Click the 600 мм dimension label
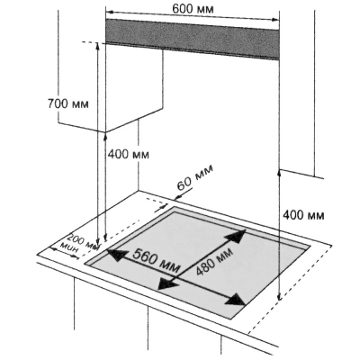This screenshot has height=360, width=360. pyautogui.click(x=193, y=9)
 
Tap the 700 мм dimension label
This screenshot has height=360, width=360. pyautogui.click(x=68, y=103)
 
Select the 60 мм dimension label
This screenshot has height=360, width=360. pyautogui.click(x=195, y=177)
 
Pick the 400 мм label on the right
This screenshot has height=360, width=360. pyautogui.click(x=303, y=215)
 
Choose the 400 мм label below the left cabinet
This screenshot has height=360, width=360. pyautogui.click(x=128, y=155)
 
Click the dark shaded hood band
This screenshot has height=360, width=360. pyautogui.click(x=193, y=39)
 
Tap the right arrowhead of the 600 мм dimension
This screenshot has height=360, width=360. pyautogui.click(x=275, y=20)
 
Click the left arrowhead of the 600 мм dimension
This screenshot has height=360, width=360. pyautogui.click(x=110, y=13)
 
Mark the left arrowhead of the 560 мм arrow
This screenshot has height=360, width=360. pyautogui.click(x=114, y=256)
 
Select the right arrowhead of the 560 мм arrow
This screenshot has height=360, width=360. pyautogui.click(x=238, y=300)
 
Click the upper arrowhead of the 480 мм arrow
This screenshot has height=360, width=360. pyautogui.click(x=238, y=235)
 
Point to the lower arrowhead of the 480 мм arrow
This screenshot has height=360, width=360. pyautogui.click(x=166, y=283)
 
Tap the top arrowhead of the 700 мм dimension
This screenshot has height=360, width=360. pyautogui.click(x=97, y=45)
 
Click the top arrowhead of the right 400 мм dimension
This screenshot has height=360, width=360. pyautogui.click(x=279, y=172)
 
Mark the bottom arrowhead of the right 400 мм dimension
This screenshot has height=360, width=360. pyautogui.click(x=279, y=297)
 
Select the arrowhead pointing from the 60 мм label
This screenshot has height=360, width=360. pyautogui.click(x=177, y=197)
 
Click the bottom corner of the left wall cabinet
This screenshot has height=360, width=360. pyautogui.click(x=105, y=132)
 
